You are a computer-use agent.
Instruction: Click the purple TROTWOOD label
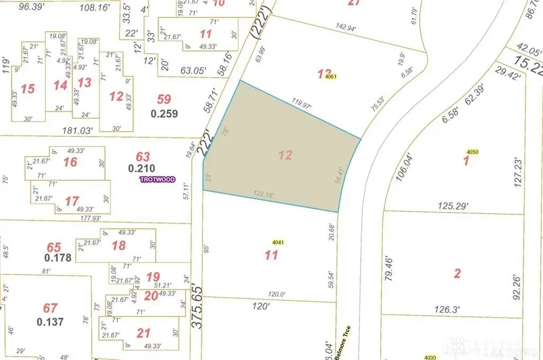pos(157,180)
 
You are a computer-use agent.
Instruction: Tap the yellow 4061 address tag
pos(332,76)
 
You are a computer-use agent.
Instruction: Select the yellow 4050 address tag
pos(472,152)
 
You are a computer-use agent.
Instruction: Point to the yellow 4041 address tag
pos(279,243)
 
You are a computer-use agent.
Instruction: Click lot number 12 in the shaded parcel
pos(285,155)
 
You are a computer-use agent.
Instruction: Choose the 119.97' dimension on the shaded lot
pos(301,101)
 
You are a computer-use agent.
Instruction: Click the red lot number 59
pos(164,99)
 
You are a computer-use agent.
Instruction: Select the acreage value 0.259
pos(164,113)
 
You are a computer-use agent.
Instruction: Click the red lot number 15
pos(28,89)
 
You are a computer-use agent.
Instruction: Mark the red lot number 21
pos(143,332)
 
